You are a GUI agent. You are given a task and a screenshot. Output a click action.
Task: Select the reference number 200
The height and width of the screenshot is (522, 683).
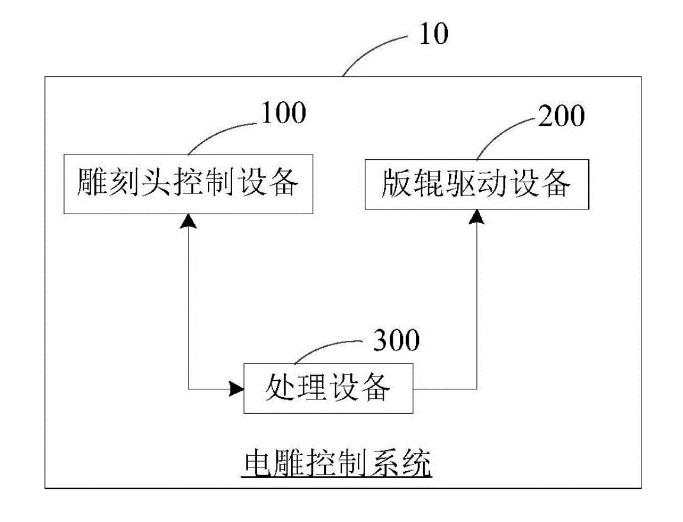[x=560, y=117]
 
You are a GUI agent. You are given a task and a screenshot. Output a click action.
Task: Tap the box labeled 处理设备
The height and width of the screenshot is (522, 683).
[x=328, y=389]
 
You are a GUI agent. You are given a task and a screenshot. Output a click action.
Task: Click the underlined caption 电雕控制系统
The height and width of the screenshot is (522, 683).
[x=338, y=463]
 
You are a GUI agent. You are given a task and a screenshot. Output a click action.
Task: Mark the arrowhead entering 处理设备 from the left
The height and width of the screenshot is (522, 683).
[x=236, y=389]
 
